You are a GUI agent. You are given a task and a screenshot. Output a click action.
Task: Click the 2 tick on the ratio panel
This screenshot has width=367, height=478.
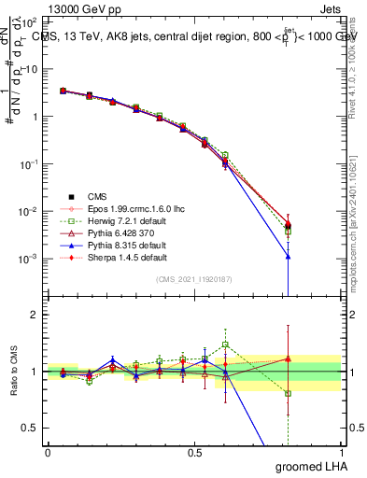point(33,316)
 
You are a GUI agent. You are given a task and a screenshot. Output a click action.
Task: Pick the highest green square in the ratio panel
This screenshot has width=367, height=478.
point(225,344)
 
